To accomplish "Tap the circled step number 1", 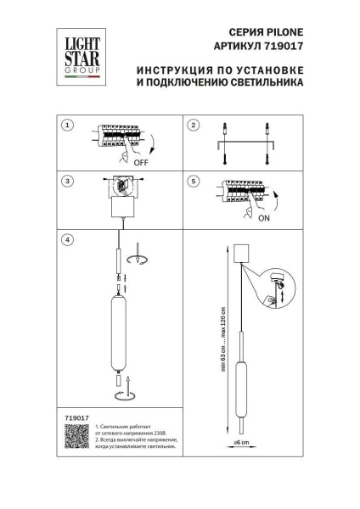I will (69, 126).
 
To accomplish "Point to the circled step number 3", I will (69, 181).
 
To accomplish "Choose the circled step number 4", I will (69, 239).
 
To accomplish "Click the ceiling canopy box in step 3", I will (124, 206).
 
